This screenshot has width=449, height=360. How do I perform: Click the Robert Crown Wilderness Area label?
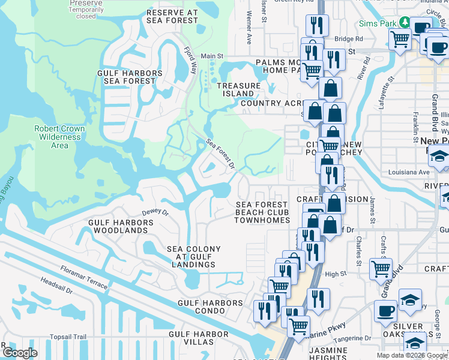(x=59, y=137)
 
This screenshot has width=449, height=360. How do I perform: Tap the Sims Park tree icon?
(x=405, y=22)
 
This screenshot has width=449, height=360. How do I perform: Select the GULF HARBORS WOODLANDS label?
(x=121, y=226)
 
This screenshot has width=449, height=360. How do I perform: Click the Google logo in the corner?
(x=20, y=353)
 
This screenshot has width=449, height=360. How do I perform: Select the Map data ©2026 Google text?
(x=411, y=355)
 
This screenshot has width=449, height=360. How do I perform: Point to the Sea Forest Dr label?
(x=220, y=154)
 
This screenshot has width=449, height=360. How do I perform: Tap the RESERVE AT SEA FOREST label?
(x=172, y=16)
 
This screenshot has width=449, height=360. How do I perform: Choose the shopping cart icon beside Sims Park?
(x=400, y=39)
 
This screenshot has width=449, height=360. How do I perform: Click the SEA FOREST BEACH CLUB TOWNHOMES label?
(x=261, y=212)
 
